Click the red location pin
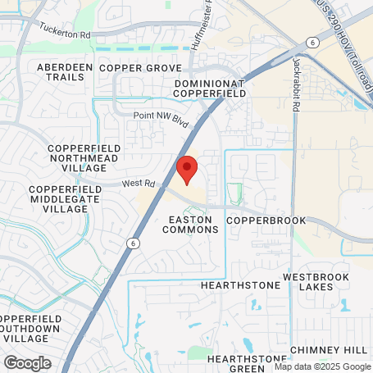pyautogui.click(x=187, y=169)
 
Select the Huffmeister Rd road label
pyautogui.click(x=198, y=32)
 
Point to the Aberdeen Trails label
pyautogui.click(x=61, y=71)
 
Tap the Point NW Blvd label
pyautogui.click(x=161, y=120)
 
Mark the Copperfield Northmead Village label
pyautogui.click(x=85, y=157)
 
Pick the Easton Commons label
pyautogui.click(x=193, y=225)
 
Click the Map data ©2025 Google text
pyautogui.click(x=321, y=366)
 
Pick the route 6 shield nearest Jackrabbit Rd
pyautogui.click(x=312, y=41)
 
